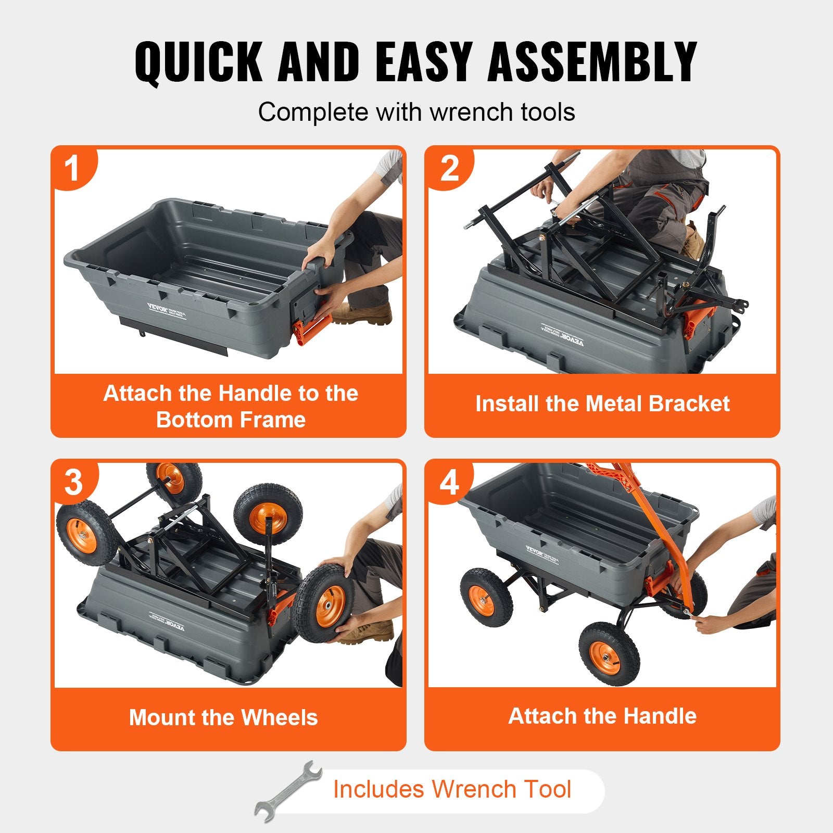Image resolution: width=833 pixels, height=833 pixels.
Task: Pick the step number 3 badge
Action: pyautogui.click(x=73, y=482)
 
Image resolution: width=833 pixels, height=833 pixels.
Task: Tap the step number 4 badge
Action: pyautogui.click(x=449, y=482)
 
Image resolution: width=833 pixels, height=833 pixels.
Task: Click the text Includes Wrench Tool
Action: pyautogui.click(x=452, y=789)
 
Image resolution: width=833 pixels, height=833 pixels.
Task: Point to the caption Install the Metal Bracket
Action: pyautogui.click(x=602, y=404)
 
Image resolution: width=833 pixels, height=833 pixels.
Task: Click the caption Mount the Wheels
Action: pyautogui.click(x=223, y=717)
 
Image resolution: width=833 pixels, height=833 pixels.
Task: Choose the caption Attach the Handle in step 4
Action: pyautogui.click(x=602, y=716)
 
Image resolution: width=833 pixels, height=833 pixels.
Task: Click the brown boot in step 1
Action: pyautogui.click(x=364, y=313)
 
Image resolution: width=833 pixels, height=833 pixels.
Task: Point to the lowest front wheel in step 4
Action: pyautogui.click(x=609, y=653)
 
